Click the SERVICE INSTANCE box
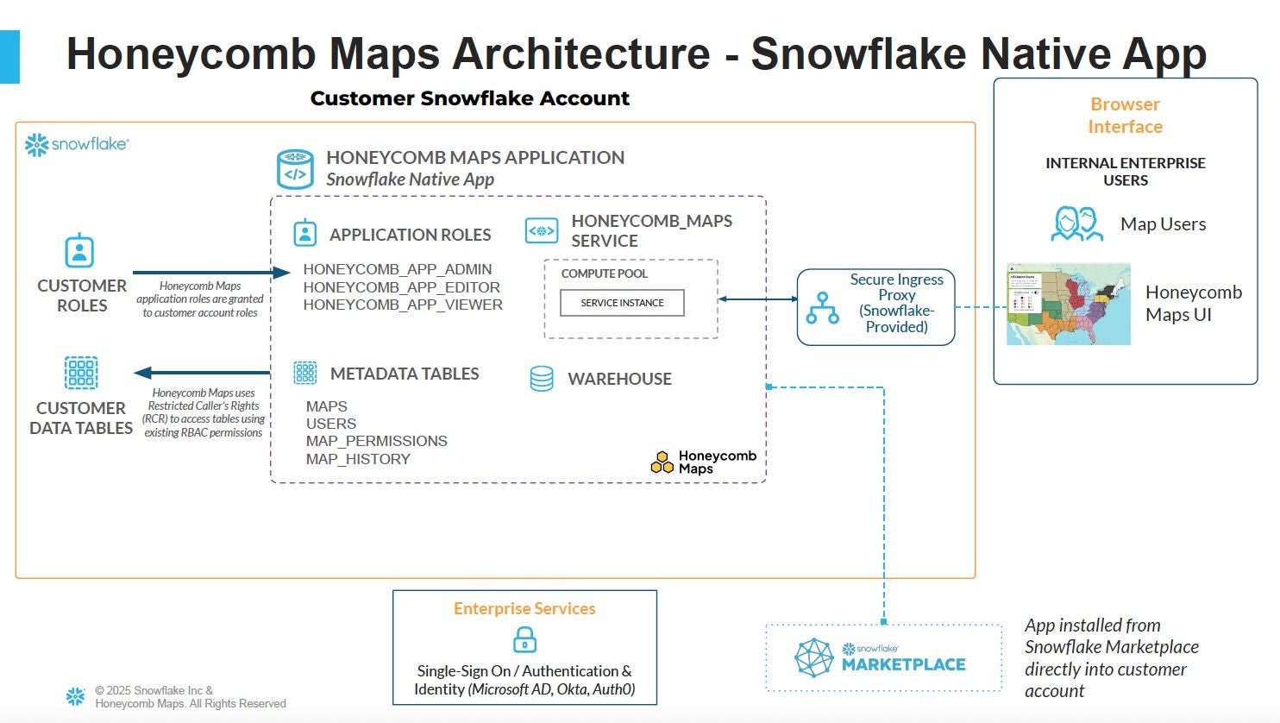(622, 303)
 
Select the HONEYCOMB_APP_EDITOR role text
(401, 287)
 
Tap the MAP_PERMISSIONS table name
(376, 441)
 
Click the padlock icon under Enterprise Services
(524, 640)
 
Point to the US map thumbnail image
(1068, 305)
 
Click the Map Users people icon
(1077, 224)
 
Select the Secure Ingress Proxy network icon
(822, 308)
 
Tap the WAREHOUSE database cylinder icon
(542, 379)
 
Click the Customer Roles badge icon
(79, 251)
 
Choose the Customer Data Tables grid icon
(81, 373)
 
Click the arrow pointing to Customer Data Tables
(202, 373)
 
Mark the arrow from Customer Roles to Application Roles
(210, 273)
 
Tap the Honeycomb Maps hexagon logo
(662, 462)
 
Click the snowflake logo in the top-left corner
(76, 144)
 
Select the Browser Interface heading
(1125, 116)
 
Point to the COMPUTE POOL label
(604, 273)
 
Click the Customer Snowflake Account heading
(469, 98)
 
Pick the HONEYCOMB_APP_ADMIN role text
(397, 269)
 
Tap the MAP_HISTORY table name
(358, 459)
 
